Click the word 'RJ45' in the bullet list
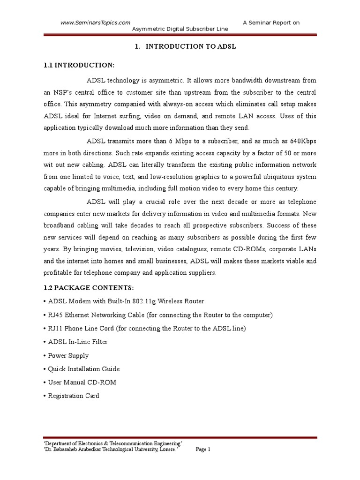[x=55, y=315]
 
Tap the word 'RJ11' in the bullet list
[x=55, y=328]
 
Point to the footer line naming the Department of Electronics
[x=112, y=443]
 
